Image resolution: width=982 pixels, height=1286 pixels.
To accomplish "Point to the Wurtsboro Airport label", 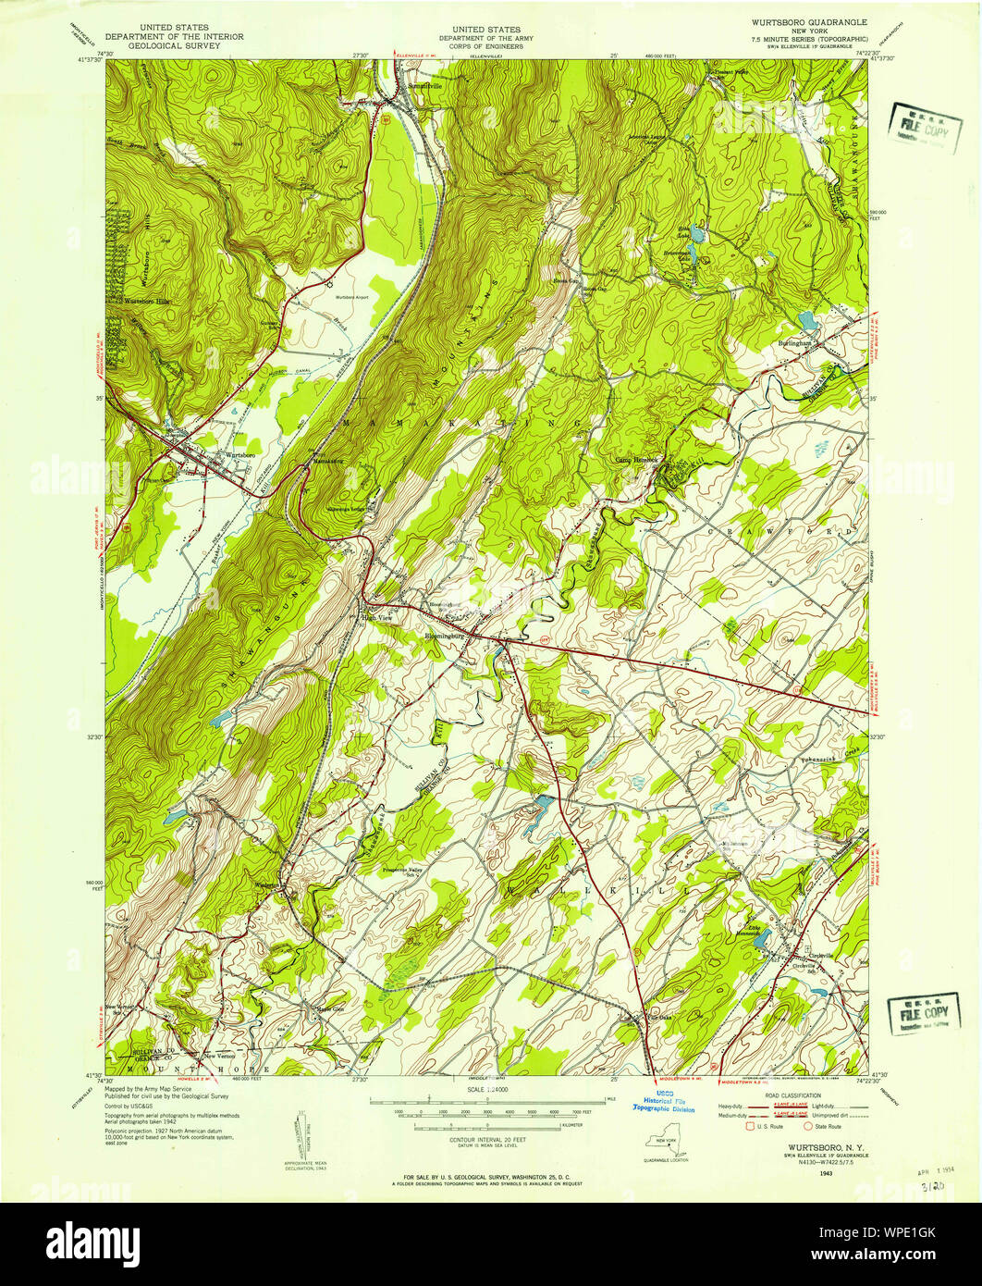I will click(352, 296).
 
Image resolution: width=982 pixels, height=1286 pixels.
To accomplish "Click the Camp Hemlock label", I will click(637, 460).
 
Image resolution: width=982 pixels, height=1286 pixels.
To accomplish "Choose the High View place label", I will click(378, 618).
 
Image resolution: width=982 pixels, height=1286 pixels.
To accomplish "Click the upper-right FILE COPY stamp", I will click(922, 121).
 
